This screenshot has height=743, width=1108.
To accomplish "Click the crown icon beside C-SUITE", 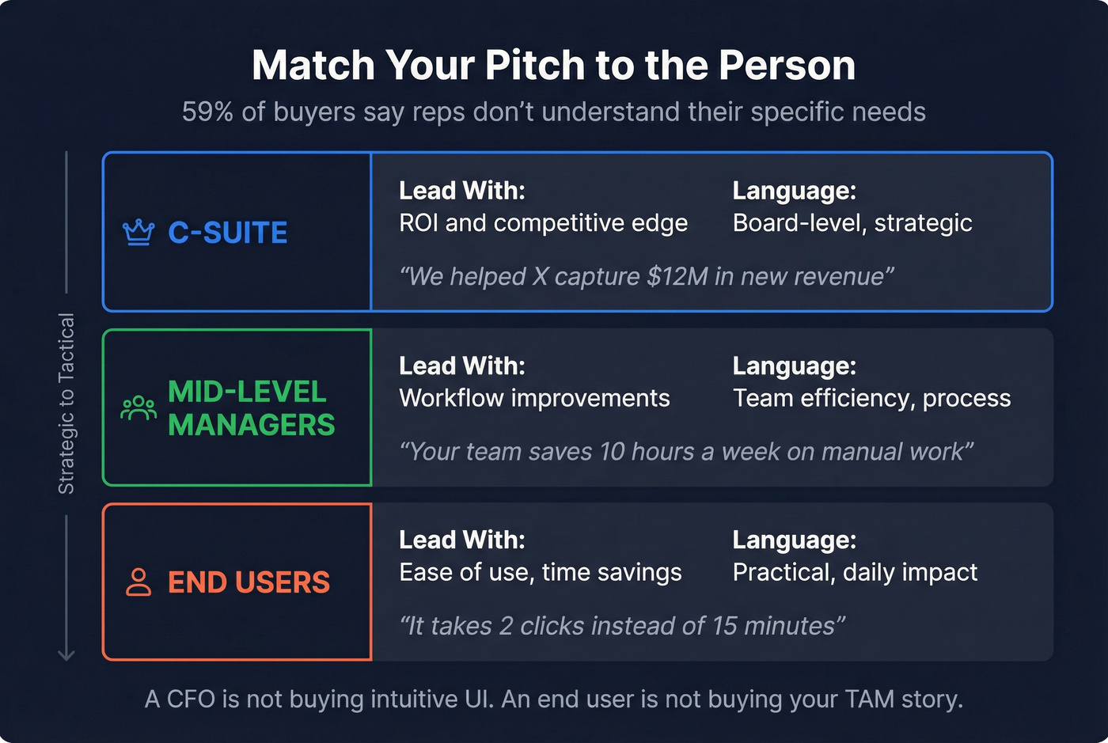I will (138, 233).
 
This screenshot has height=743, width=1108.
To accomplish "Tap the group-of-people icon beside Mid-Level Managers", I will (138, 408).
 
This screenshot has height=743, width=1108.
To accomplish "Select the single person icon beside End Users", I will (138, 582).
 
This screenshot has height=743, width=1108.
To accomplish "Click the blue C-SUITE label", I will (228, 233).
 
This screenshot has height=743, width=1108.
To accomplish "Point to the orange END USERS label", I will (249, 582).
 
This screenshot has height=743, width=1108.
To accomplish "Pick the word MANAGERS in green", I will (252, 425).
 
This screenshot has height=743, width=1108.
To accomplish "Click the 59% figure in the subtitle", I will (207, 112).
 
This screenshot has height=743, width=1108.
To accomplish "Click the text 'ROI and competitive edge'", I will (543, 223).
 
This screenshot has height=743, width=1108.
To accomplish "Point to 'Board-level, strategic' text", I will (852, 223).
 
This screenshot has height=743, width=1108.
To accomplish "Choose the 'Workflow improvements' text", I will (534, 398).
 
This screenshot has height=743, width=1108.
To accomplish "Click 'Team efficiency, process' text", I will (871, 398).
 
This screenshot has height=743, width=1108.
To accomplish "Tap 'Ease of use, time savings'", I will (541, 572).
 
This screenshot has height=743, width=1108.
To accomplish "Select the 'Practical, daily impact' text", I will (855, 572).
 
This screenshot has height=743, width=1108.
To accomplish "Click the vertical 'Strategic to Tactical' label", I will (66, 404).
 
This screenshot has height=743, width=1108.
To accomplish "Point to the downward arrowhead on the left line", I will (66, 655).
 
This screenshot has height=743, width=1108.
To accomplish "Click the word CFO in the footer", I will (191, 699).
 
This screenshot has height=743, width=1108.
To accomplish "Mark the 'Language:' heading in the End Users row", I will (794, 540).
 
